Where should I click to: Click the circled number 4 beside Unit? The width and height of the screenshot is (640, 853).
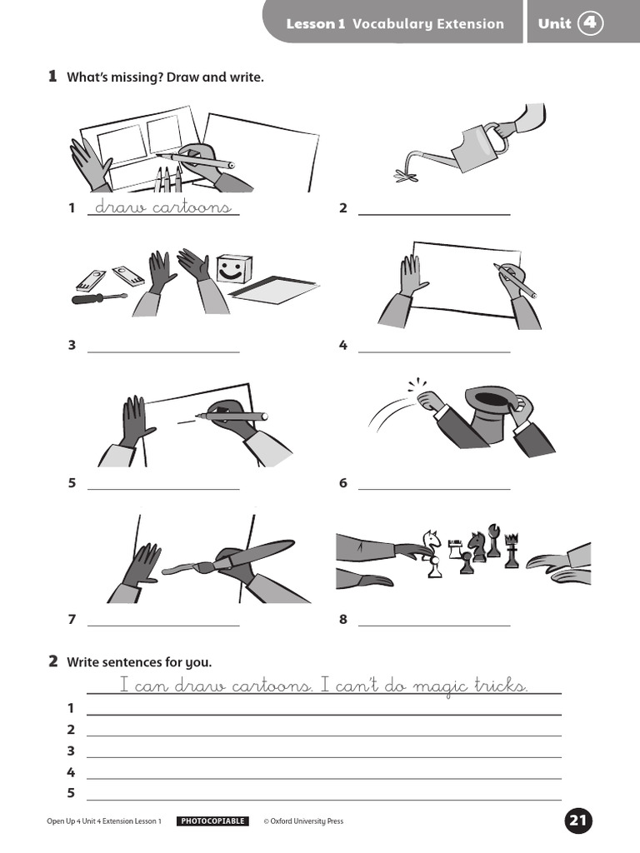tap(591, 23)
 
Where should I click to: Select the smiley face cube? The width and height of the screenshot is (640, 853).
tap(232, 269)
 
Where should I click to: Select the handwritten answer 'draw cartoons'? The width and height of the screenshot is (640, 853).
tap(162, 207)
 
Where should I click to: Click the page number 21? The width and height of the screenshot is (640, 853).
tap(578, 821)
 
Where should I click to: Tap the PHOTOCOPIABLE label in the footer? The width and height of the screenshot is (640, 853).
tap(212, 821)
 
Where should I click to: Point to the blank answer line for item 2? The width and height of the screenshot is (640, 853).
tap(433, 214)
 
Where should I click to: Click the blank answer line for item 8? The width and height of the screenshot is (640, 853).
tap(433, 625)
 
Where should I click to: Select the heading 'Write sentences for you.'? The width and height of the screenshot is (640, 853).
tap(139, 662)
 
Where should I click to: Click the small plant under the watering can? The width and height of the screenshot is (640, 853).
tap(407, 175)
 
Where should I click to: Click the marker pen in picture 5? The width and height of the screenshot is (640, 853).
tap(233, 415)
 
